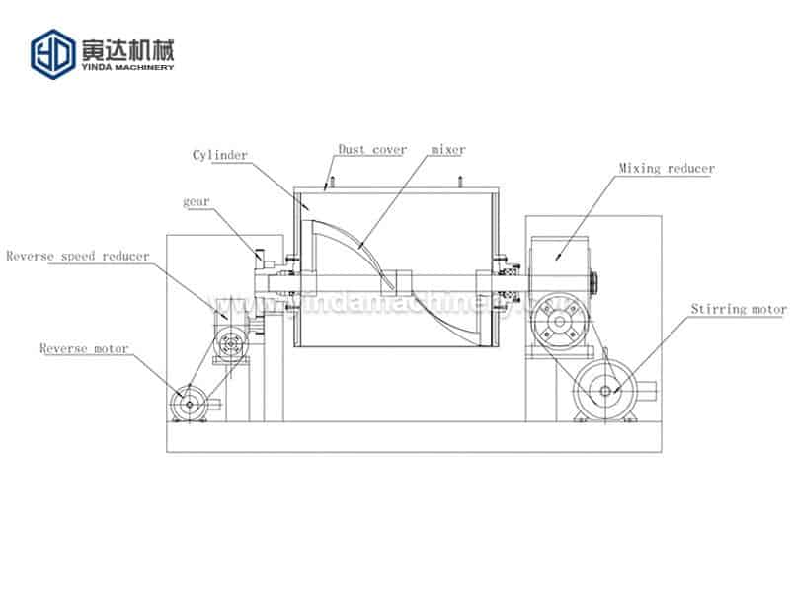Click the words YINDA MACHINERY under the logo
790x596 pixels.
point(127,66)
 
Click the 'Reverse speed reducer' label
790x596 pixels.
point(78,256)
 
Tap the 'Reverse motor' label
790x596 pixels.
point(83,348)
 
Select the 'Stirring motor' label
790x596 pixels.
point(740,310)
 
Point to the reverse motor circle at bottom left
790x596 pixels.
point(188,401)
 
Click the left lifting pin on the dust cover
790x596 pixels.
point(333,182)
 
